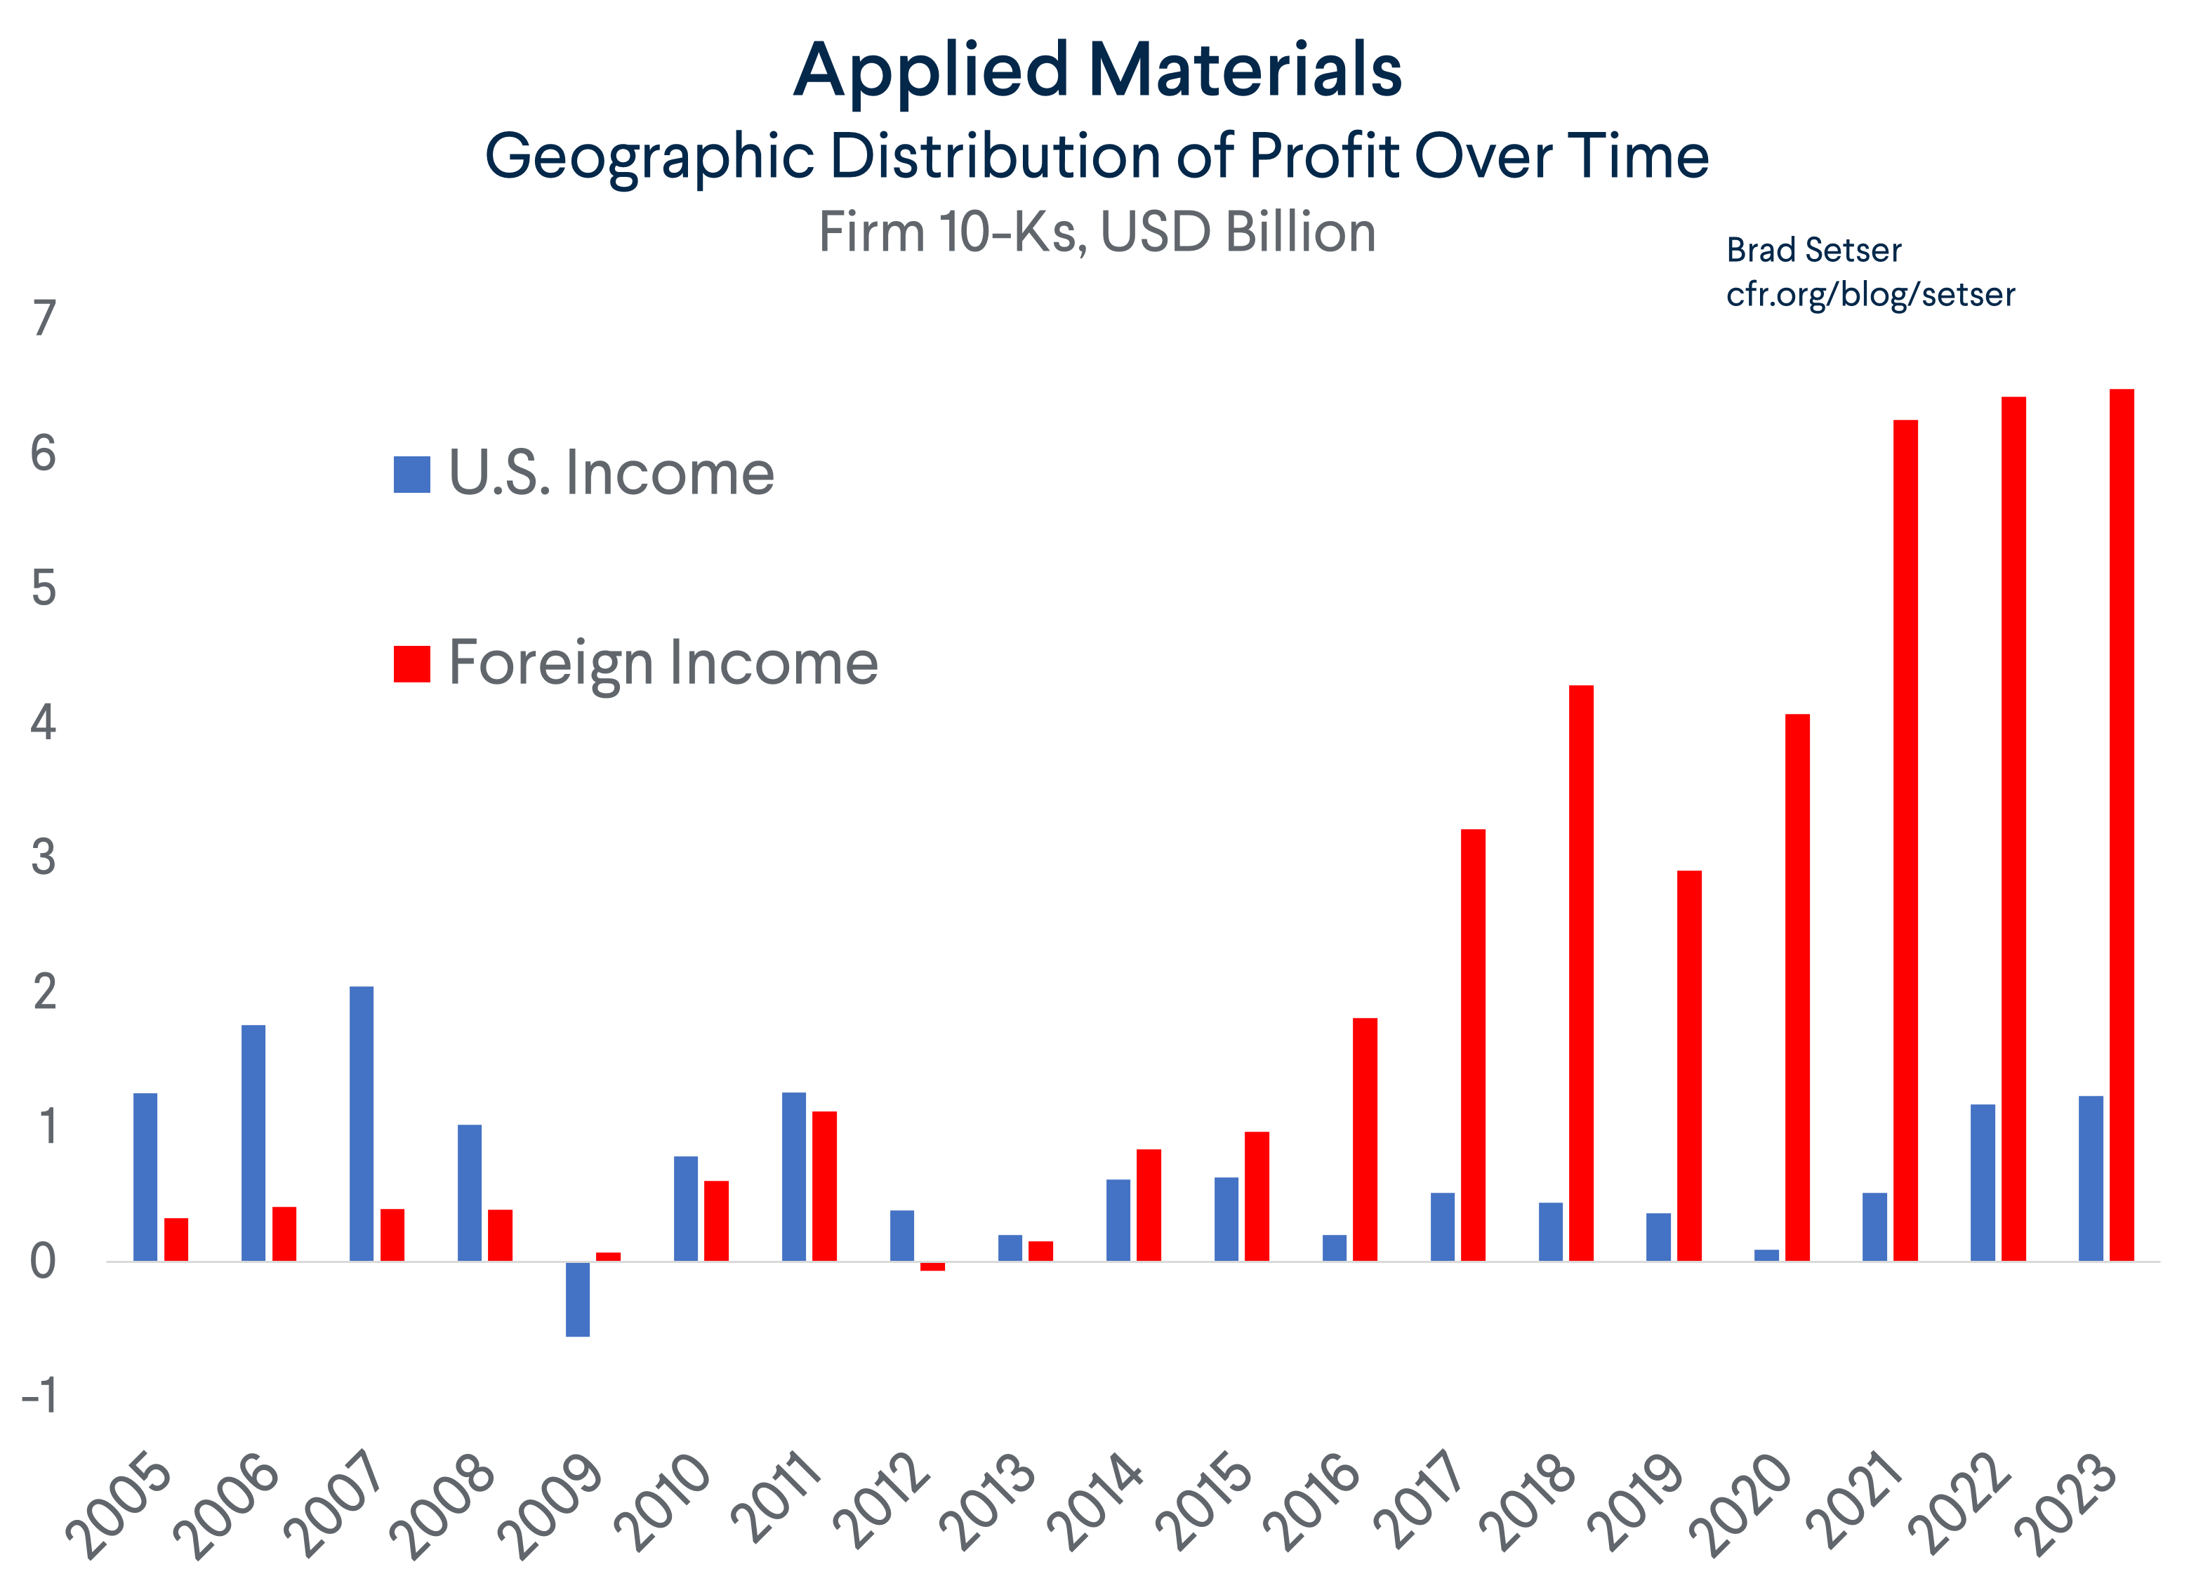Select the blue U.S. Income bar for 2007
point(361,1123)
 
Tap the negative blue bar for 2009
point(577,1299)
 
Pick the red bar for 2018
point(1580,972)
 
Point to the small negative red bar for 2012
point(932,1266)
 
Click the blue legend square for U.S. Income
point(411,475)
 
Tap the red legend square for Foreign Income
point(411,664)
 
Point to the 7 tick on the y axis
point(44,319)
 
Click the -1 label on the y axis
point(39,1396)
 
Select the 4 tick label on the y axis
point(44,722)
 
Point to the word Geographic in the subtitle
point(649,157)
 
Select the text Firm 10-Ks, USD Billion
point(1097,232)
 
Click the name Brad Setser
point(1813,250)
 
